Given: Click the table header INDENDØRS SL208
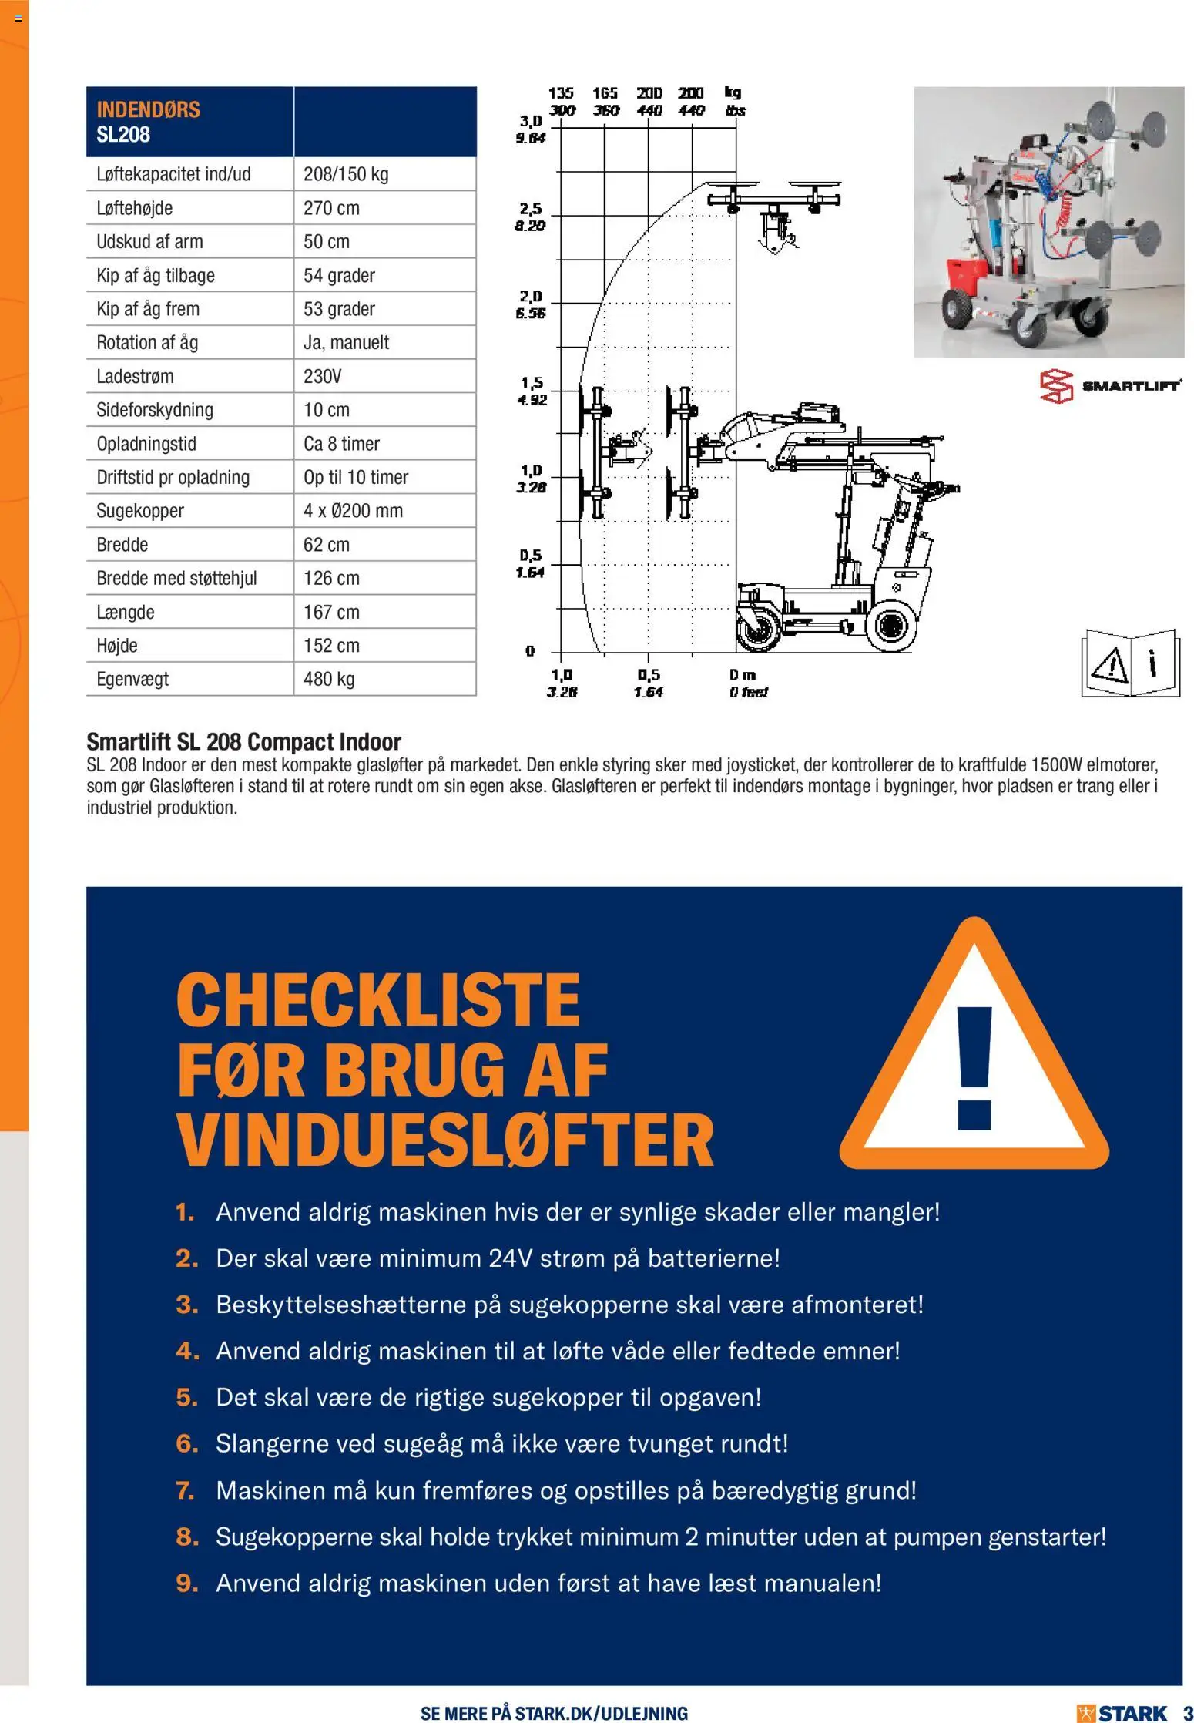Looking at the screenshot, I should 148,122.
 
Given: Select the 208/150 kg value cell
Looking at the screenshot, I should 346,174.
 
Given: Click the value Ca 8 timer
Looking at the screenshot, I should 341,444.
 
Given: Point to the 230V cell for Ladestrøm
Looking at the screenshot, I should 322,376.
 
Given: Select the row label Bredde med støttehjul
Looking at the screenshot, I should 176,578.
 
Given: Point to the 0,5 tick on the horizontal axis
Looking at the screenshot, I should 649,674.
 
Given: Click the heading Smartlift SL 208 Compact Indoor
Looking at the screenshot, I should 243,741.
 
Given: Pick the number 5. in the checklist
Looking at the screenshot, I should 186,1397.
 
